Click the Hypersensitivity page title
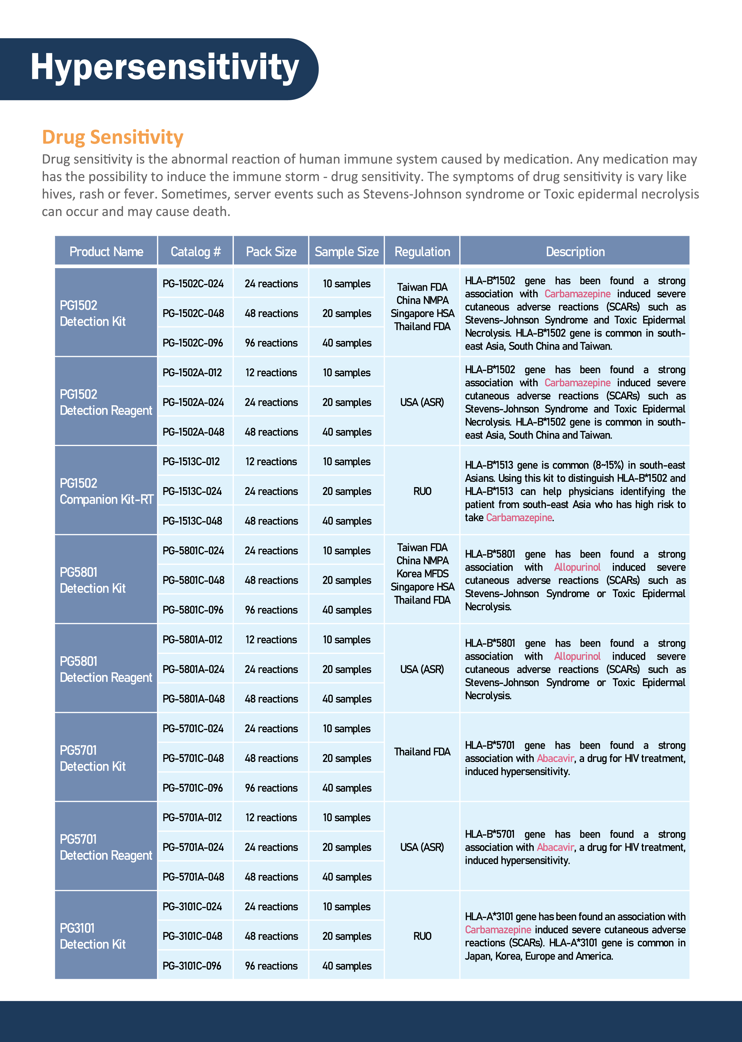point(164,68)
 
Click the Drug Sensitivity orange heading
point(112,137)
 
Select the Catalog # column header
point(195,252)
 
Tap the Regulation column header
point(422,252)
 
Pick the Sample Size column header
point(347,252)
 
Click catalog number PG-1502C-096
point(193,343)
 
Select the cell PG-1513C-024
point(192,491)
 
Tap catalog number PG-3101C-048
point(192,936)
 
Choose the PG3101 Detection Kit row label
point(93,936)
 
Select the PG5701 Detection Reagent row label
point(106,847)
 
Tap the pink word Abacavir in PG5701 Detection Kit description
point(555,758)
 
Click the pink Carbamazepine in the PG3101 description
point(498,930)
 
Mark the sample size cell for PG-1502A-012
point(347,373)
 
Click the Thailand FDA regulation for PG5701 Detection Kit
point(422,752)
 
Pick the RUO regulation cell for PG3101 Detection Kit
point(422,936)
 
